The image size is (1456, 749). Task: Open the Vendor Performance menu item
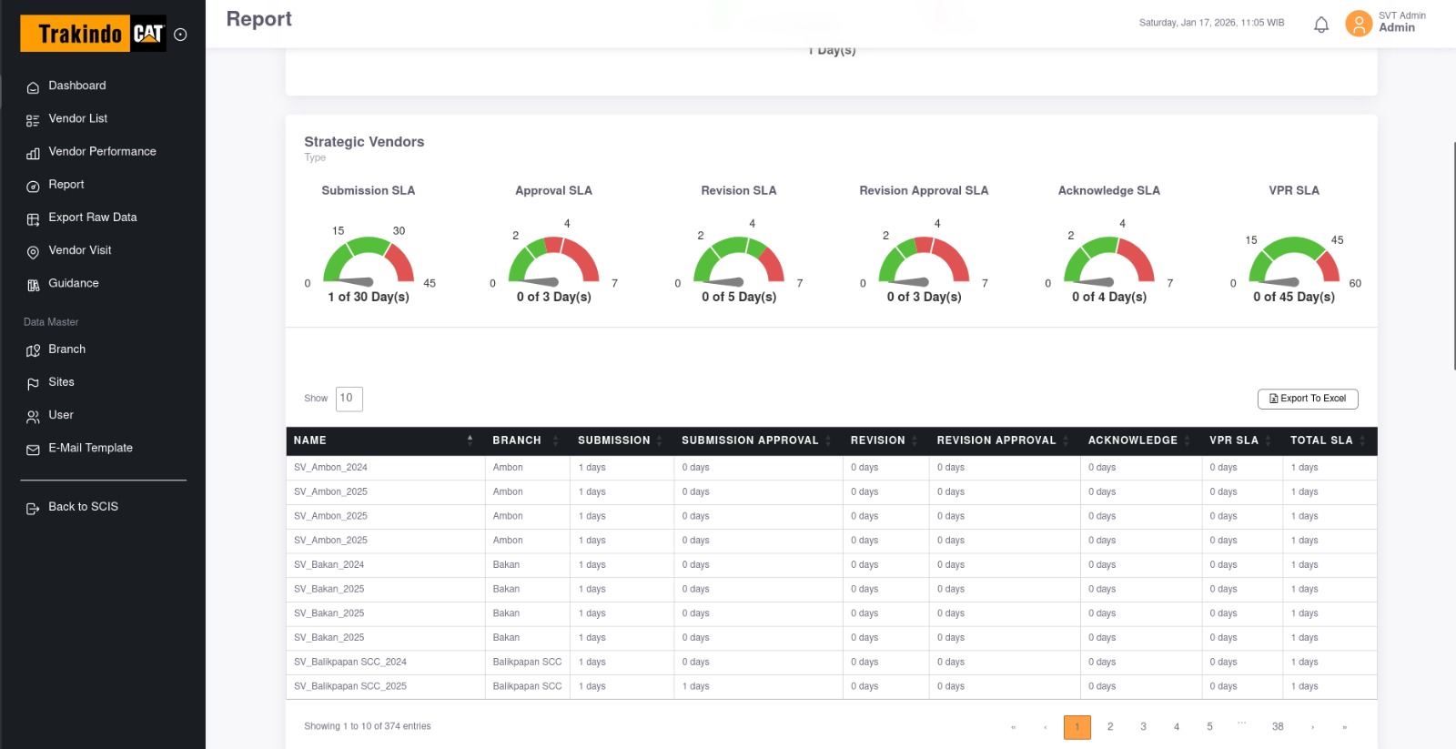tap(102, 152)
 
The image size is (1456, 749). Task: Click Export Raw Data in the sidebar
tap(92, 218)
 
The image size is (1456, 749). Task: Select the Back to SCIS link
tap(83, 507)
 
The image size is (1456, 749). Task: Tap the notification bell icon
tap(1321, 25)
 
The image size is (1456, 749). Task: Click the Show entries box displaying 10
tap(349, 399)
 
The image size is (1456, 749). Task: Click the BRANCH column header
tap(517, 440)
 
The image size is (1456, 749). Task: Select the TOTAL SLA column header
tap(1321, 440)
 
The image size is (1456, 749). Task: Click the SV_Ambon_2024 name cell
tap(330, 468)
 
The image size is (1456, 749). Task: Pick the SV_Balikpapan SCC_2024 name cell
tap(350, 663)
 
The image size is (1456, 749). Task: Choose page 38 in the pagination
tap(1278, 727)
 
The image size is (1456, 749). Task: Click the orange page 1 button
tap(1077, 727)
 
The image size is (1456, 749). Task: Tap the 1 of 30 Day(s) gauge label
tap(369, 298)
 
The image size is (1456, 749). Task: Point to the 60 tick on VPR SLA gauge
tap(1355, 284)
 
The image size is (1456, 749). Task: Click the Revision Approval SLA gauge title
tap(924, 191)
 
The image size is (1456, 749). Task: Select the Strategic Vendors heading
tap(364, 142)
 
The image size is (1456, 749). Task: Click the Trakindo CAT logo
tap(93, 34)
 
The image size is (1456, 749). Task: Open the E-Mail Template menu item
tap(90, 449)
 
